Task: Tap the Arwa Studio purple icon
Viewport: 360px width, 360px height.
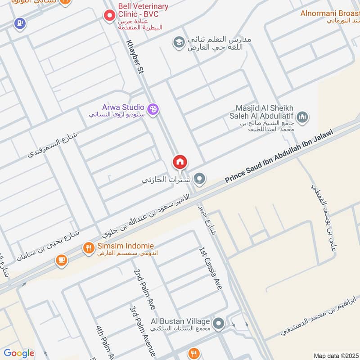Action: coord(153,109)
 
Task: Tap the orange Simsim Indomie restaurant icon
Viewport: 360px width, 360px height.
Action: coord(88,247)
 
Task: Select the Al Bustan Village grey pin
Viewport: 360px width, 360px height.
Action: coord(219,323)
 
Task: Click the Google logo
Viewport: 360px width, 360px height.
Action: coord(18,353)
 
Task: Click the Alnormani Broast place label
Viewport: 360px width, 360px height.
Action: coord(329,13)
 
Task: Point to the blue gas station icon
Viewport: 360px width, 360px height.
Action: coord(19,23)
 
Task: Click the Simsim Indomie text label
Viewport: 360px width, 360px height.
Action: coord(125,246)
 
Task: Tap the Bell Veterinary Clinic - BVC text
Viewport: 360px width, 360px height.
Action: coord(143,10)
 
